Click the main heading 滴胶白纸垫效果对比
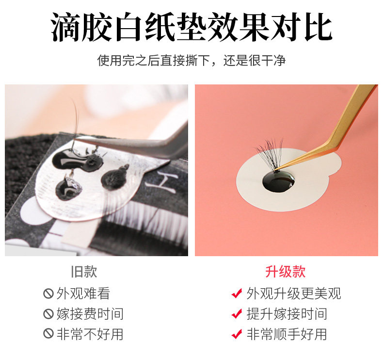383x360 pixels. pyautogui.click(x=191, y=27)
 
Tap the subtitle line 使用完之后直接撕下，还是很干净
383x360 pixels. pyautogui.click(x=191, y=60)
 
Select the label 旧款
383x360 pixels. pyautogui.click(x=84, y=272)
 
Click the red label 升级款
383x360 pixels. pyautogui.click(x=285, y=272)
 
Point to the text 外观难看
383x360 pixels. pyautogui.click(x=83, y=293)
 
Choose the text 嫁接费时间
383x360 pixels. pyautogui.click(x=90, y=314)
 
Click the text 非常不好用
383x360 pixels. pyautogui.click(x=90, y=334)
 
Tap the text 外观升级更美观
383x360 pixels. pyautogui.click(x=294, y=293)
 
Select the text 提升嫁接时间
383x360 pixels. pyautogui.click(x=287, y=314)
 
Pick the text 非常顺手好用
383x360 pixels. pyautogui.click(x=287, y=334)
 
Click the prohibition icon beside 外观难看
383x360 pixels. pyautogui.click(x=48, y=293)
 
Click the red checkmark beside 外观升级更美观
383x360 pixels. pyautogui.click(x=237, y=293)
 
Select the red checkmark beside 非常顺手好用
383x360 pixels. pyautogui.click(x=237, y=334)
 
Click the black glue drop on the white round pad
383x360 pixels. pyautogui.click(x=278, y=181)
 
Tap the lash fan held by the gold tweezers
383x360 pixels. pyautogui.click(x=271, y=153)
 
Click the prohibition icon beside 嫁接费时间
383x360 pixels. pyautogui.click(x=48, y=314)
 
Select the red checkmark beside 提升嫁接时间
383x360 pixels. pyautogui.click(x=237, y=313)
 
